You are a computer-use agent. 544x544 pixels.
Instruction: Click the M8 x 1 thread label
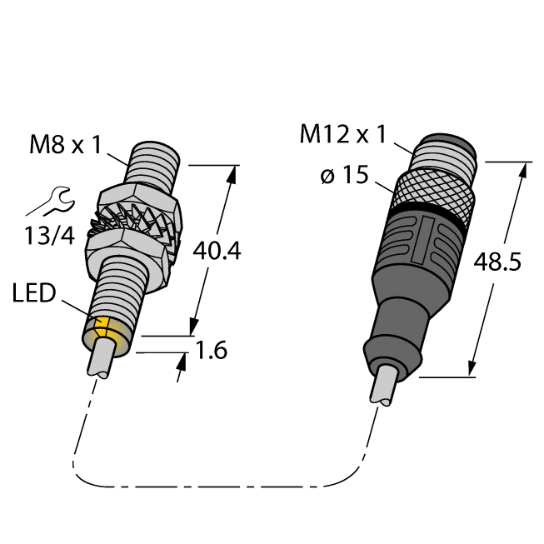pos(65,145)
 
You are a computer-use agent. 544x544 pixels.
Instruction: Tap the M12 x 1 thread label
pos(342,134)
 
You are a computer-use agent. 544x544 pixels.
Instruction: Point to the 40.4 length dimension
pos(217,252)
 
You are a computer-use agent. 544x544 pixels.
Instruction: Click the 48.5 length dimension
pos(497,262)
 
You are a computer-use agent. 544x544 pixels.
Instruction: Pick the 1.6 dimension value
pos(212,350)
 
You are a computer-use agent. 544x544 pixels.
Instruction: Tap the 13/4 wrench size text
pos(49,236)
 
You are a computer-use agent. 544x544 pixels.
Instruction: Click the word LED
pos(34,292)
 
